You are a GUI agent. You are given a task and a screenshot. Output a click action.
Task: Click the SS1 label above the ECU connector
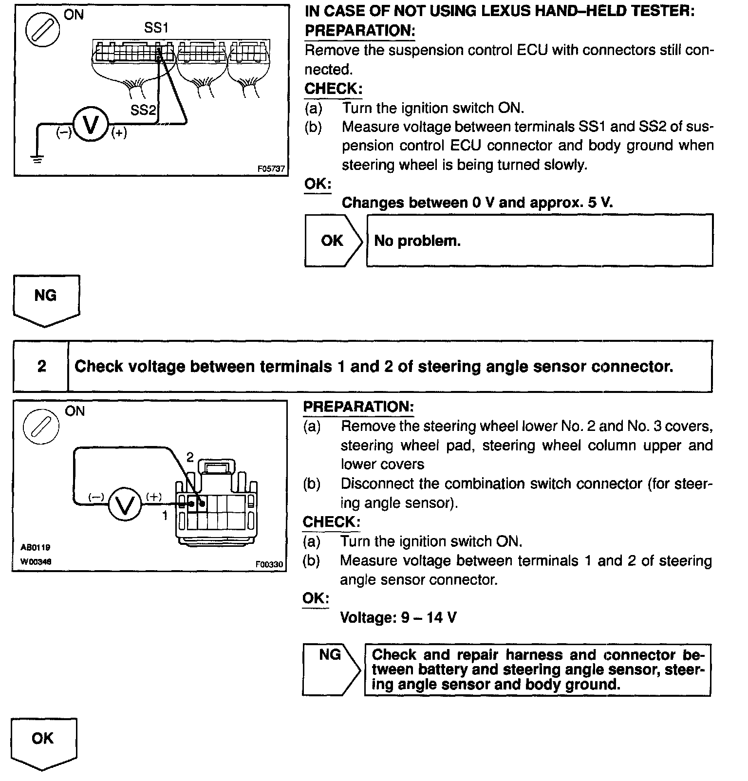coord(156,28)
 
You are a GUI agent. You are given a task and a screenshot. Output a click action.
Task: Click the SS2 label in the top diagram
coord(142,110)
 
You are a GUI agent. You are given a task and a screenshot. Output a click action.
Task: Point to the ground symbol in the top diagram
coord(37,159)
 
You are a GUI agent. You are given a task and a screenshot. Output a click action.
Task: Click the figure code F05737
coord(271,169)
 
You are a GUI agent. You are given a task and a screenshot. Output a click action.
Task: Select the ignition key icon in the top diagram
coord(43,30)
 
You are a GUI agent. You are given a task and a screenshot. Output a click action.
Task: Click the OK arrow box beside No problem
coord(333,241)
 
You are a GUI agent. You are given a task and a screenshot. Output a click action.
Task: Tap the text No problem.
coord(417,241)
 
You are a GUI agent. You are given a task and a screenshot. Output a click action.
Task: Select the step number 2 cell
coord(41,366)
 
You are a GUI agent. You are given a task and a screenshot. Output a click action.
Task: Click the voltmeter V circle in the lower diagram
coord(124,505)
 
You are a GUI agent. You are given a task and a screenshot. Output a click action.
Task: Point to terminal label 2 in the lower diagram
coord(190,457)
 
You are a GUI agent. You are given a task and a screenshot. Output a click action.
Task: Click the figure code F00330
coord(269,564)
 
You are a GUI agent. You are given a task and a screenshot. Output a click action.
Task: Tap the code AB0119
coord(36,547)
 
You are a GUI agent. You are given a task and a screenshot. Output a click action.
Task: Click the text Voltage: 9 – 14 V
coord(398,618)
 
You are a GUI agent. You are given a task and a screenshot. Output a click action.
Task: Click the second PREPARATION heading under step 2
coord(358,407)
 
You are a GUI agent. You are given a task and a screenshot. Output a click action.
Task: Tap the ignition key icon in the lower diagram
coord(41,426)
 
